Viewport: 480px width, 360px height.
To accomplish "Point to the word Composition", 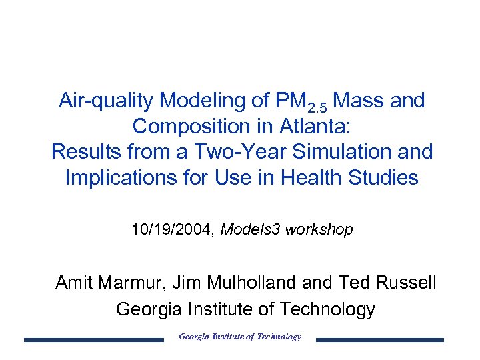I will [x=192, y=126].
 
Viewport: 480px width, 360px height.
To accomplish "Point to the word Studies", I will [x=386, y=178].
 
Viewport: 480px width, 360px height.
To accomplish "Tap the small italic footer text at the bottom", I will [x=240, y=337].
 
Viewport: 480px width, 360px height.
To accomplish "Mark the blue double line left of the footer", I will [x=93, y=340].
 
